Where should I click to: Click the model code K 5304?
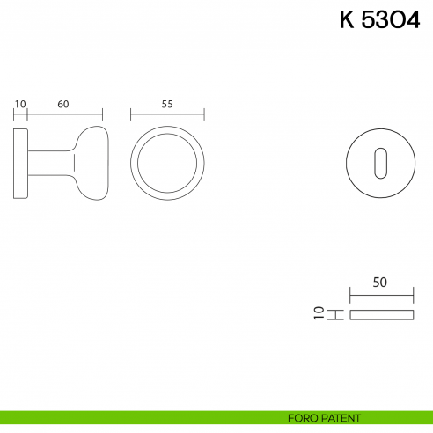point(379,20)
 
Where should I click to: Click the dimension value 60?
point(63,103)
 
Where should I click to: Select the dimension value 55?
point(167,103)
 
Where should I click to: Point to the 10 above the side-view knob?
point(20,103)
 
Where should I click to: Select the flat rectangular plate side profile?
point(380,314)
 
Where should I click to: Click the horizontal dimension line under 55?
point(167,114)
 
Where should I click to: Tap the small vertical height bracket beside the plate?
point(334,314)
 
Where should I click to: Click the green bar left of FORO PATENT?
point(132,416)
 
